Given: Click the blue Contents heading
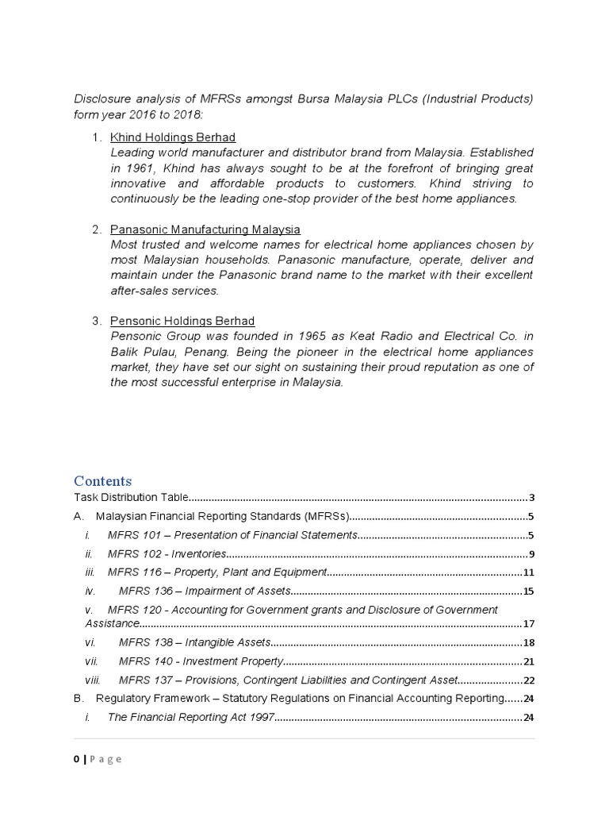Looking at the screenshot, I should [x=103, y=481].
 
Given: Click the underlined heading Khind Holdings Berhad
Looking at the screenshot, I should [x=173, y=137].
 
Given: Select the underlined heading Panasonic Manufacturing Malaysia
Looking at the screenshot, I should [x=205, y=229].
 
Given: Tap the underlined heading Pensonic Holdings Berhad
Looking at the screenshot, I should [x=182, y=321].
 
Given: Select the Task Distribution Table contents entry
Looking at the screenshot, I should [x=131, y=498].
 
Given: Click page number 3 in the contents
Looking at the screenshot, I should [x=532, y=498].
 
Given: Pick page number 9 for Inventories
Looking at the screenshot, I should [x=532, y=554].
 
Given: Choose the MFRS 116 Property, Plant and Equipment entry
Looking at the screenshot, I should [x=217, y=572].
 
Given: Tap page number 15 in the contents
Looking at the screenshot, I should [x=529, y=591].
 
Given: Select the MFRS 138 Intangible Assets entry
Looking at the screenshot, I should [x=195, y=642].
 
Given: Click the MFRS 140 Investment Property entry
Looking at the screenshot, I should [x=201, y=661].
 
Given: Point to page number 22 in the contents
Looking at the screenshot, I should [x=529, y=680].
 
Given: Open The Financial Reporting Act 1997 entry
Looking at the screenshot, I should [x=191, y=718].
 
